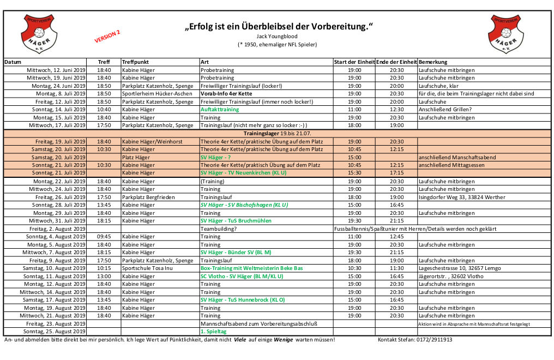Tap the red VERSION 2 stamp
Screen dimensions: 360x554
click(x=107, y=37)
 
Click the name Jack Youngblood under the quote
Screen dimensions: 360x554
click(x=278, y=36)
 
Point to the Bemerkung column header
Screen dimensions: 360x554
click(x=433, y=62)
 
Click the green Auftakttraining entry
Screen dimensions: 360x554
click(x=220, y=110)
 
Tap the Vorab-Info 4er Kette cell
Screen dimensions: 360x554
click(x=226, y=94)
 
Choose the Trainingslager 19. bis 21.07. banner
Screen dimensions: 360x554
click(x=277, y=133)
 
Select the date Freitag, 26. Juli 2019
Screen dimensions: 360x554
click(x=61, y=197)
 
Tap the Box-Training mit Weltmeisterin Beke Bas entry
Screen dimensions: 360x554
click(x=251, y=268)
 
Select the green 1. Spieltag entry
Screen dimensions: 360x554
click(x=213, y=332)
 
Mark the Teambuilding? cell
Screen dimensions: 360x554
click(x=219, y=229)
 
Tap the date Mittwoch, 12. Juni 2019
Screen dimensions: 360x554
click(x=56, y=70)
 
